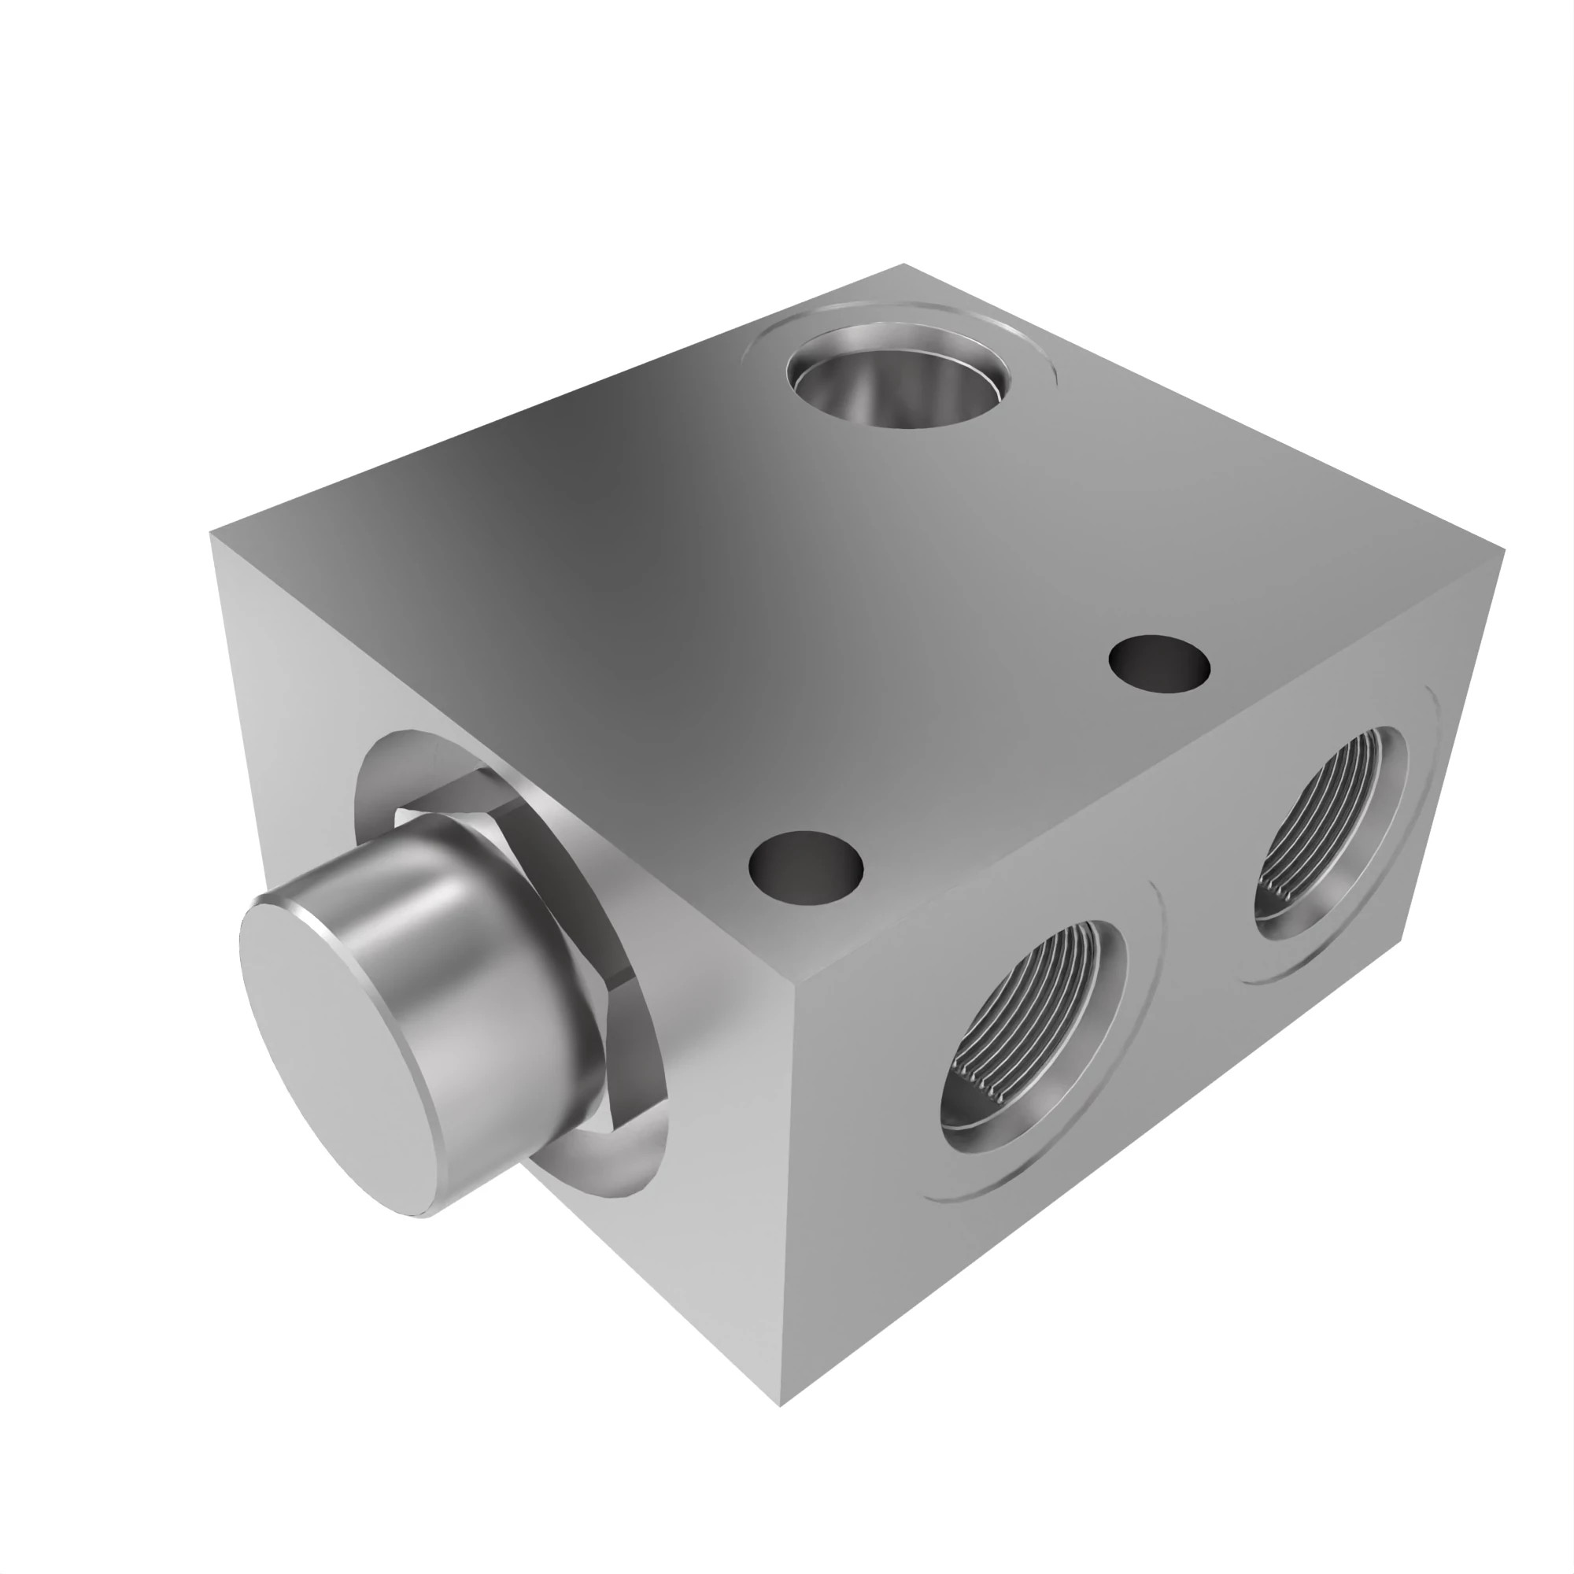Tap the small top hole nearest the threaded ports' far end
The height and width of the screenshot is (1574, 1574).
coord(1159,665)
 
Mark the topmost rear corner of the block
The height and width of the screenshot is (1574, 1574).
coord(903,264)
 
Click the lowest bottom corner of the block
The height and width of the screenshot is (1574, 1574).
coord(780,1383)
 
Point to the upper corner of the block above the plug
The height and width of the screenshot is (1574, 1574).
coord(212,534)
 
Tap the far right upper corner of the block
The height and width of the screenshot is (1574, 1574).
coord(1502,552)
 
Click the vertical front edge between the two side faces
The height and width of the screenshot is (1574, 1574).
coord(785,1181)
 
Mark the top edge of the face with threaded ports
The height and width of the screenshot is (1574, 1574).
coord(1140,770)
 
